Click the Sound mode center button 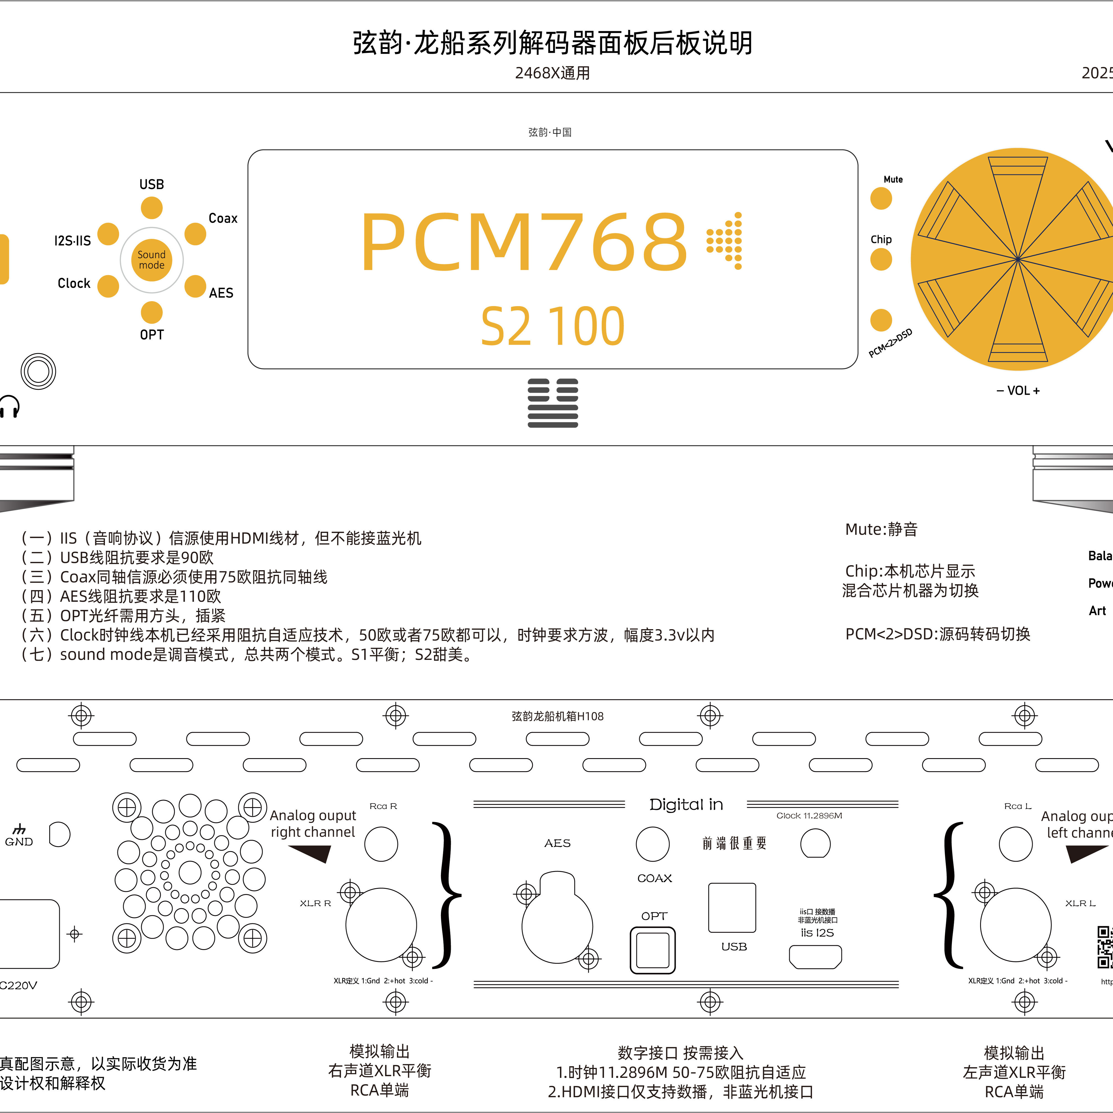click(151, 260)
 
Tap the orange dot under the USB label click(151, 208)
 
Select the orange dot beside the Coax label click(195, 234)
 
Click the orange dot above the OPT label click(151, 312)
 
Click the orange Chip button click(881, 259)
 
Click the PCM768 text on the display click(524, 242)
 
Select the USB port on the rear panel click(732, 907)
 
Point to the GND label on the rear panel click(19, 842)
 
